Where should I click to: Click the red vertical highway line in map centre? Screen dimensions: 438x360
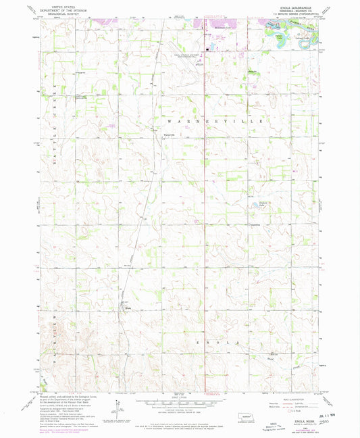pos(205,203)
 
